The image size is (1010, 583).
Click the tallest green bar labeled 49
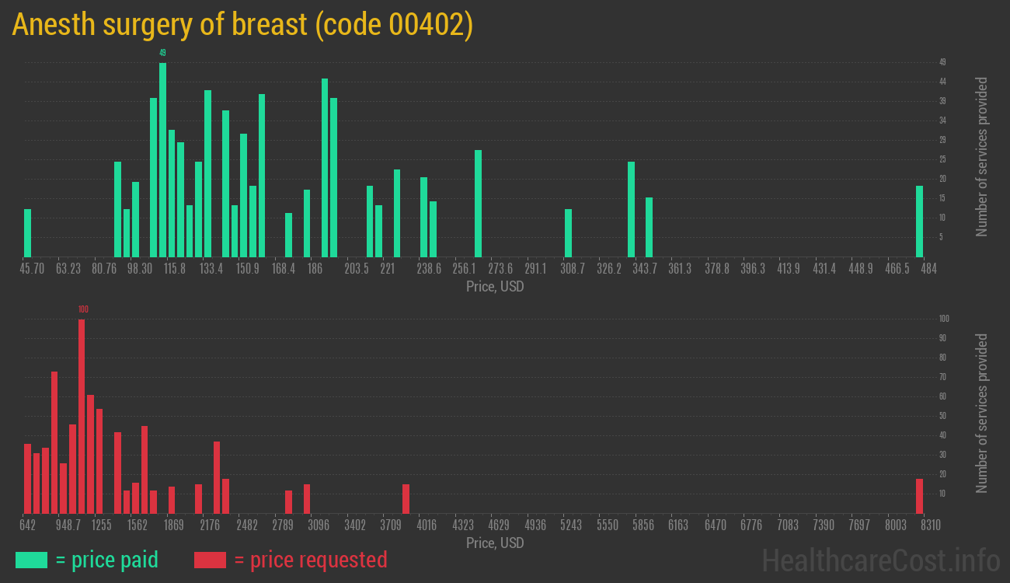pos(162,159)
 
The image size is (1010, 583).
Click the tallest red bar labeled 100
pos(82,416)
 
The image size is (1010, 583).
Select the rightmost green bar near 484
pos(919,222)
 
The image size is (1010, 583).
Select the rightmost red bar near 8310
pos(919,496)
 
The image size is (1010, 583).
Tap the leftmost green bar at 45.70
pos(28,232)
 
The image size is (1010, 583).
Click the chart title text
pos(242,25)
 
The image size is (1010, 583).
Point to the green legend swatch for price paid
pos(31,560)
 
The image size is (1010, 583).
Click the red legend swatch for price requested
pos(210,560)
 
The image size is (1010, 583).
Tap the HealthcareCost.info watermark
pos(880,560)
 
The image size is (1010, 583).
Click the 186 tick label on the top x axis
pos(315,269)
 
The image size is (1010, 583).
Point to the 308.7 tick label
pos(573,269)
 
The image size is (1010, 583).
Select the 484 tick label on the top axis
pos(928,269)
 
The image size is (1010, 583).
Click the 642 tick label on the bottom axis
pos(28,525)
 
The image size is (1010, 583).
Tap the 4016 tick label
pos(427,525)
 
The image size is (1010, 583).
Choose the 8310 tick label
pos(930,525)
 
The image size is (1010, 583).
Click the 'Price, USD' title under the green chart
pos(495,287)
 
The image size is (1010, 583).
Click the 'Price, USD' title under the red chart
pos(495,543)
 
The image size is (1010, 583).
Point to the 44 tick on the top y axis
pos(942,82)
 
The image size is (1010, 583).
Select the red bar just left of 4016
pos(406,498)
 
